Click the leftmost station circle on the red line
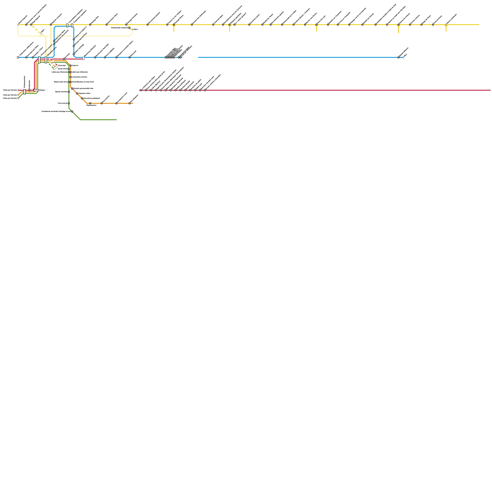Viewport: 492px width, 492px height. pos(141,90)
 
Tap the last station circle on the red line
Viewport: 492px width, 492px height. pos(205,90)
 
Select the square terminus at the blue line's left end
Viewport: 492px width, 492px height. pos(18,57)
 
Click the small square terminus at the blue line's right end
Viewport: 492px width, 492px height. pos(403,57)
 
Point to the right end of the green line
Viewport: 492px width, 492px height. pos(117,120)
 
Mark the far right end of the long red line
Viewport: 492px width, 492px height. pos(490,90)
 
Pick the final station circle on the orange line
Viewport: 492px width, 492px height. pos(129,103)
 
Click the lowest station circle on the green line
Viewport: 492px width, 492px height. pos(72,111)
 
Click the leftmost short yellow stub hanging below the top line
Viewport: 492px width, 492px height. pos(174,28)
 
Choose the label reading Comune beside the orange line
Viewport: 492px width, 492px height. pos(75,65)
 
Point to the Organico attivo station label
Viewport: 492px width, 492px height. pos(85,93)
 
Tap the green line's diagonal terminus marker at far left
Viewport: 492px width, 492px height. pos(18,98)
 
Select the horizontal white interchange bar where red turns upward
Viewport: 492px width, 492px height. pos(36,90)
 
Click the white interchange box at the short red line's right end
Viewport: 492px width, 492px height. pos(84,58)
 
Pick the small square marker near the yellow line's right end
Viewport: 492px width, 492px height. pos(446,25)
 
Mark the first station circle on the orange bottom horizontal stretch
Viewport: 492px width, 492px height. pos(90,103)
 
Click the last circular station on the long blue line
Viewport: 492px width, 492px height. pos(399,57)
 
